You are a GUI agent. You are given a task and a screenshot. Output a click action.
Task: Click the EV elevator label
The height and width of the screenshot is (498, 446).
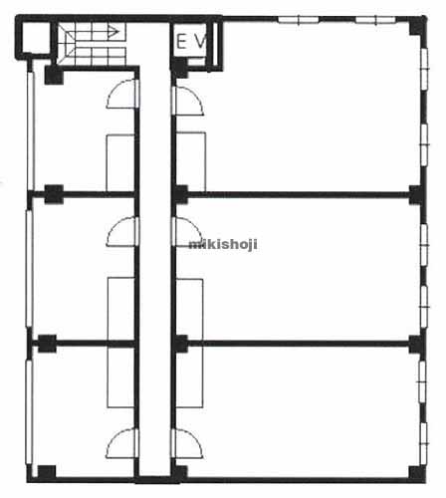point(191,42)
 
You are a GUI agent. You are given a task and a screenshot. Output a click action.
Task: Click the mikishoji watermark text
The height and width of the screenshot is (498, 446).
point(223,244)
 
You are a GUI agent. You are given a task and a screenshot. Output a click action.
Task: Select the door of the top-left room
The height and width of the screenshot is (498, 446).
point(121,94)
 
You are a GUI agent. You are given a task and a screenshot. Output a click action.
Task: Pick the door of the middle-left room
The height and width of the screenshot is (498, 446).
point(121,231)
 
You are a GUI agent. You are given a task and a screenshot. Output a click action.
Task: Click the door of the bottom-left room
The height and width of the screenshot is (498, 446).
point(121,443)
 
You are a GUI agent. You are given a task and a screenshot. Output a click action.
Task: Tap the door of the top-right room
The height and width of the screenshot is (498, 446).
point(188,101)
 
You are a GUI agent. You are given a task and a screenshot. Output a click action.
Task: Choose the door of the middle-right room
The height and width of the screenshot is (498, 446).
point(187,232)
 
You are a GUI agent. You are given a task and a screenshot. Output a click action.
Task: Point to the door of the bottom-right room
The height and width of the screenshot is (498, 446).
point(187,444)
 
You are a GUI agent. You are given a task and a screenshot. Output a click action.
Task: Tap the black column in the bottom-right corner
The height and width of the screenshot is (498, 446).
point(417,473)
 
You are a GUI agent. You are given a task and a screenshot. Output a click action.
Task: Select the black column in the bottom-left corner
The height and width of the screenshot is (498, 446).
point(47,473)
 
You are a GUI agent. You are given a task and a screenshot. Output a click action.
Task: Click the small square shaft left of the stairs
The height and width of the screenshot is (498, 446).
point(34,37)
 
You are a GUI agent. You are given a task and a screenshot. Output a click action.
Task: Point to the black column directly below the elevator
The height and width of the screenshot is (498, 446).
point(180,69)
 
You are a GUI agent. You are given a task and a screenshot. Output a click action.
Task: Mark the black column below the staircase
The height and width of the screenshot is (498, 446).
point(54,75)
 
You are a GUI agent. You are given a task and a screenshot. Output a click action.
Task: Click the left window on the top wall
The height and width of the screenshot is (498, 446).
point(298,20)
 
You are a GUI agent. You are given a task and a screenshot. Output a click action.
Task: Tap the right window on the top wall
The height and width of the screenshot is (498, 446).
point(375,20)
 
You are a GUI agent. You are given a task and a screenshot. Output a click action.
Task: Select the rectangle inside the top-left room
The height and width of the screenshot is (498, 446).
point(120,162)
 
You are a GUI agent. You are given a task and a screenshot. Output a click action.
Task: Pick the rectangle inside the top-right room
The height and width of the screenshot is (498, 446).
point(190,162)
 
